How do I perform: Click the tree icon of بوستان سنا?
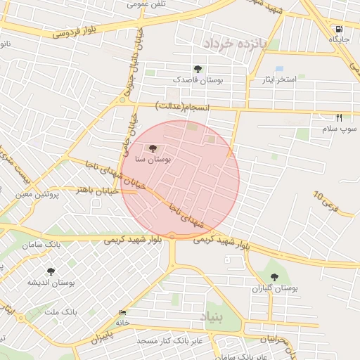coord(153,148)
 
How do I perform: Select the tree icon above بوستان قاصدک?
coord(198,69)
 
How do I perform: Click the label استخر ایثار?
coord(278,80)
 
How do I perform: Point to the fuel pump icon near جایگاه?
coord(340,30)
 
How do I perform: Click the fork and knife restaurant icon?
coord(340,117)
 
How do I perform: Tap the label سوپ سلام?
coord(340,129)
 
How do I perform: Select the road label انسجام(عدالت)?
coord(183,106)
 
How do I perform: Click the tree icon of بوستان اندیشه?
coord(50,271)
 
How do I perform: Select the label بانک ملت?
coord(60,311)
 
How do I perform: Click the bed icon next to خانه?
coord(123,313)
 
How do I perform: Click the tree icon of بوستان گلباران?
coord(274,277)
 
